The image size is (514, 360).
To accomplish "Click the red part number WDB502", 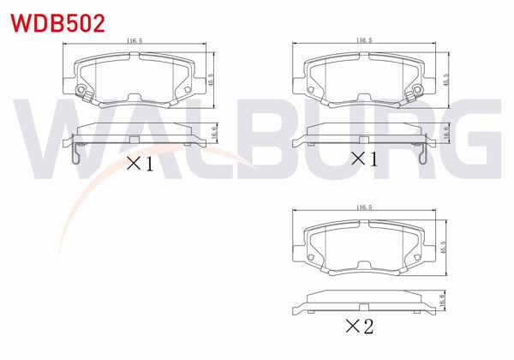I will pos(57,22).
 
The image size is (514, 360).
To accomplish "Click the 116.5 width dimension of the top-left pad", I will pos(134,40).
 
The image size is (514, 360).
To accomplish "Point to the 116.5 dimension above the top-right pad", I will pos(363,40).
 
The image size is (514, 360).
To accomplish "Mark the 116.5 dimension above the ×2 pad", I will pos(363,207).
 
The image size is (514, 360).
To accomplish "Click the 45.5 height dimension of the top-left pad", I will pos(212,79).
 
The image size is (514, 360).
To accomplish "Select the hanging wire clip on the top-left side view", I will pos(75,153).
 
